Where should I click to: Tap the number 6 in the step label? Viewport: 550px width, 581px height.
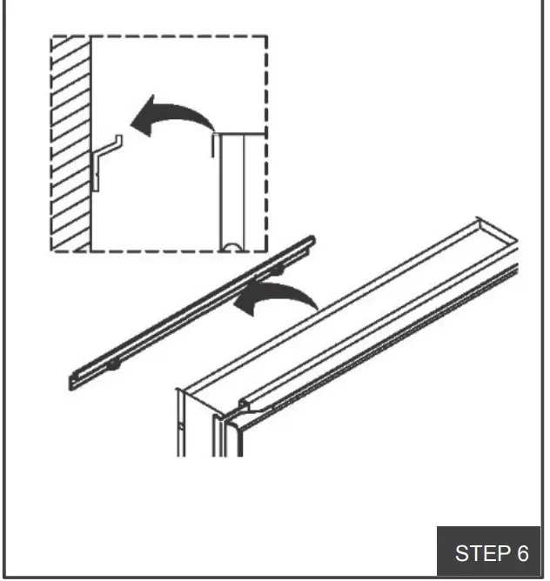coord(521,553)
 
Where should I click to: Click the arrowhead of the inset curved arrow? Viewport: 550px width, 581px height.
coord(139,122)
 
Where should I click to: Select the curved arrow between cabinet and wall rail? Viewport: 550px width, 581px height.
coord(278,300)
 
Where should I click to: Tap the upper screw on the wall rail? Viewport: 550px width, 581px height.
coord(273,273)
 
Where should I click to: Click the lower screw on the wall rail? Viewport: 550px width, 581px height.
coord(114,364)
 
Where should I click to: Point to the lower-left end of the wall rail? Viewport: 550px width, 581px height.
coord(73,379)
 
